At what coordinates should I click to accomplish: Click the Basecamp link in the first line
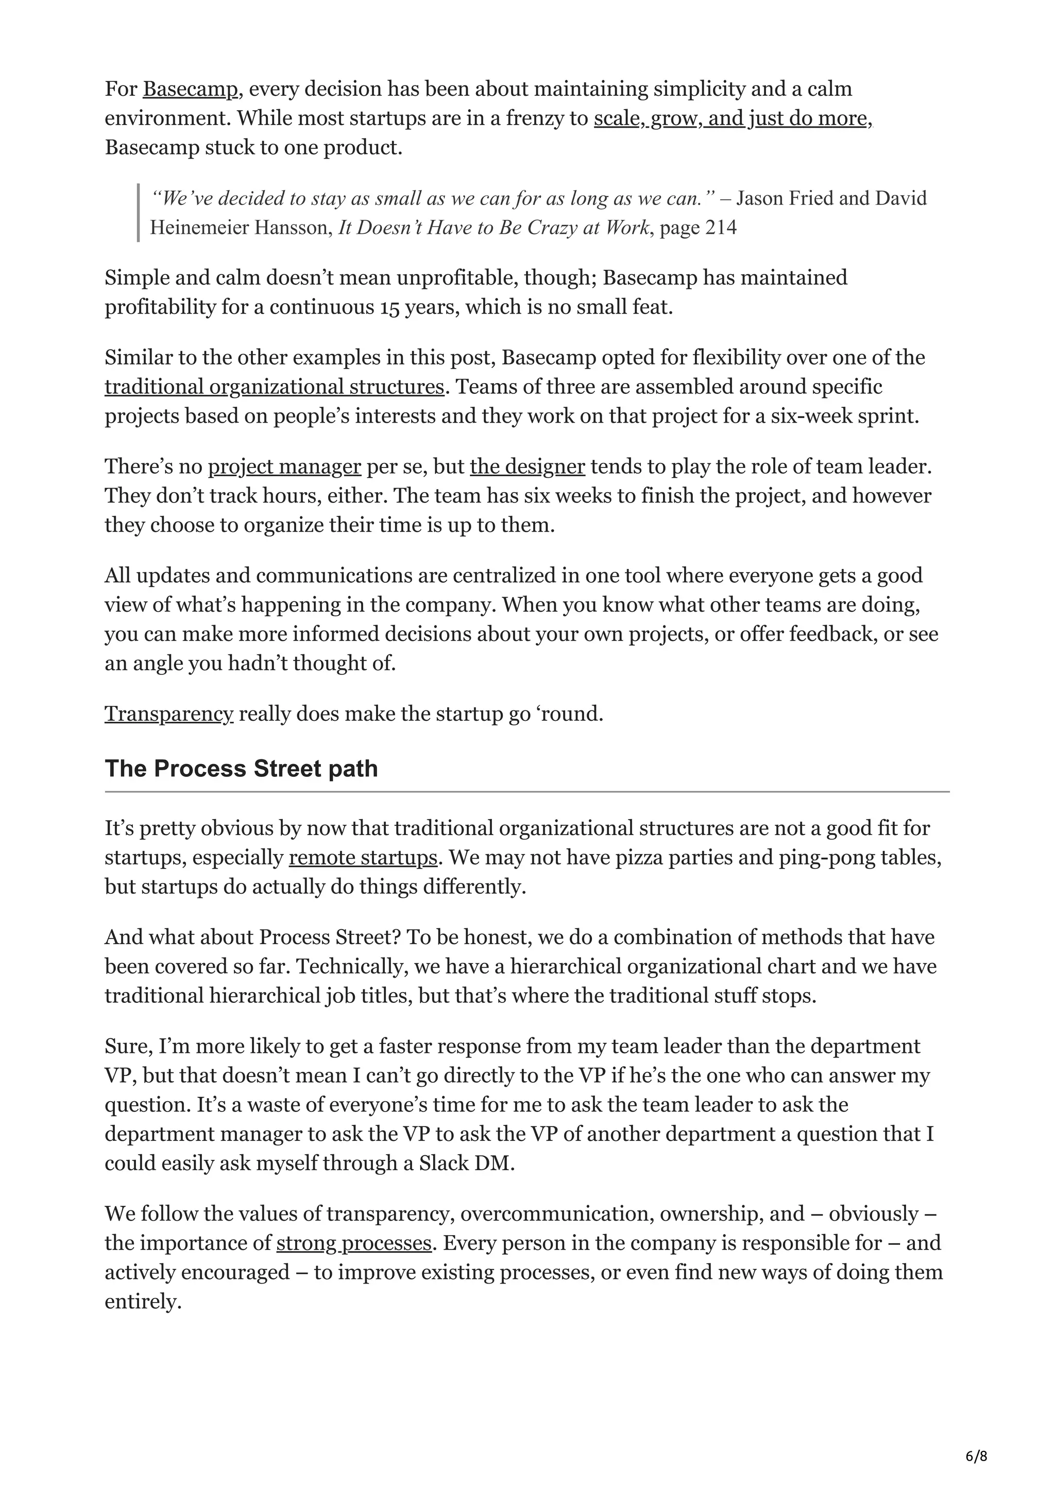[x=190, y=89]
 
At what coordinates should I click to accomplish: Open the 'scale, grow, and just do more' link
[x=732, y=118]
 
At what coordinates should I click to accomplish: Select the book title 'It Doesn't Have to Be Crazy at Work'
[x=494, y=228]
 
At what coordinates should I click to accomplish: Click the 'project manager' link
[x=284, y=466]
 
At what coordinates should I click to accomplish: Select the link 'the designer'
[x=527, y=466]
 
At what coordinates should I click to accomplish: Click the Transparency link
[x=168, y=714]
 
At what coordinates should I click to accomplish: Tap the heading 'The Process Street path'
[x=241, y=769]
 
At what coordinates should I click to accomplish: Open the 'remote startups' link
[x=363, y=858]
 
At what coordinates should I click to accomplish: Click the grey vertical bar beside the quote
[x=139, y=213]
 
